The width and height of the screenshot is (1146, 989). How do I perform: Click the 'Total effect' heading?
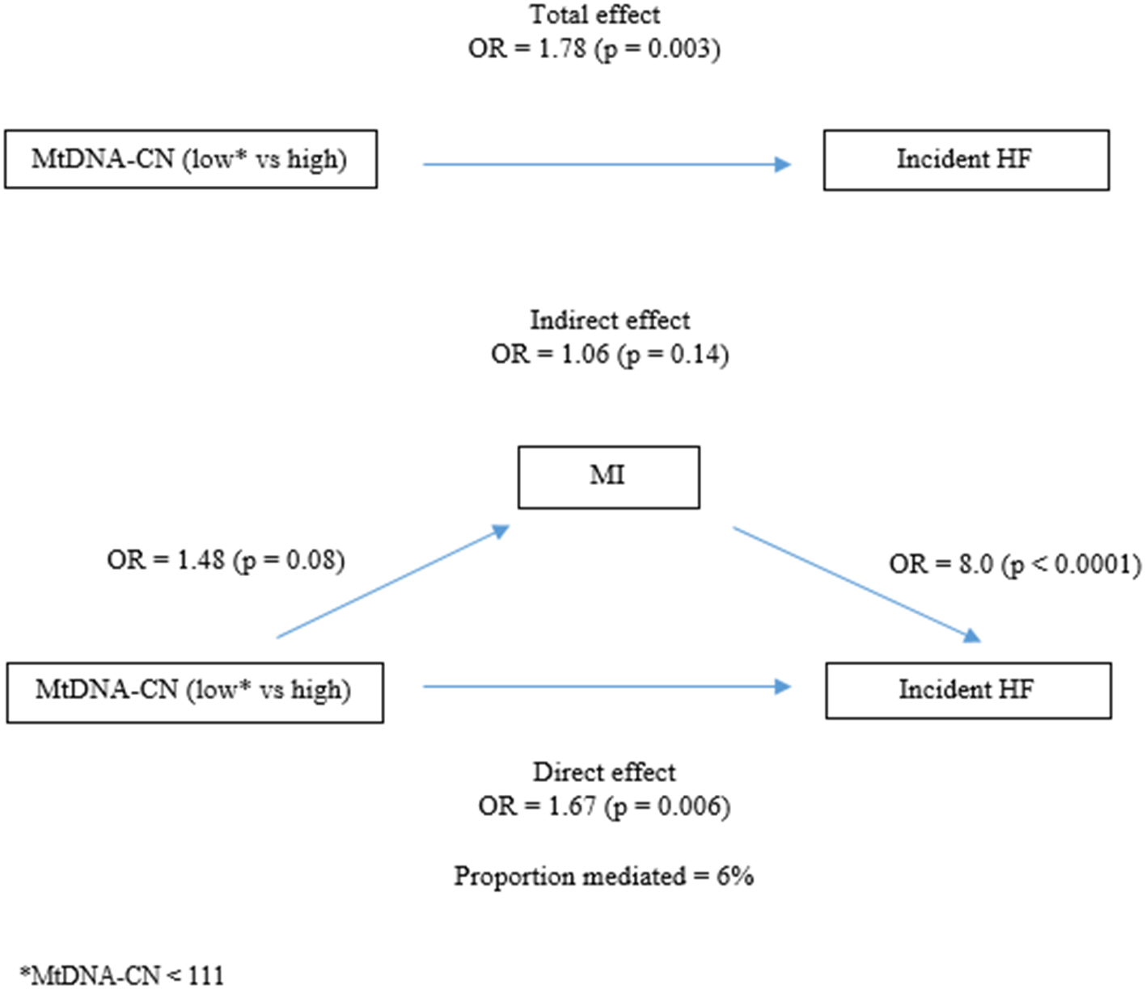tap(594, 15)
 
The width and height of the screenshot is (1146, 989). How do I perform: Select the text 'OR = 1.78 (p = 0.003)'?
tap(594, 48)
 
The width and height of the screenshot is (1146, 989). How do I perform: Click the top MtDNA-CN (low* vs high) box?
tap(191, 159)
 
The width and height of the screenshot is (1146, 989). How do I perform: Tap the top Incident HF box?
tap(966, 159)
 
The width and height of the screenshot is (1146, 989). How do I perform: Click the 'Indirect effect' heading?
tap(610, 320)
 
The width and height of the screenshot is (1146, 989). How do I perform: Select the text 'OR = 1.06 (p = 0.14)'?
tap(610, 354)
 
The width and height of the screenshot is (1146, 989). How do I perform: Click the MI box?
tap(608, 477)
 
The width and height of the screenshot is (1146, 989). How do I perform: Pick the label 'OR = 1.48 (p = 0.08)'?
tap(226, 560)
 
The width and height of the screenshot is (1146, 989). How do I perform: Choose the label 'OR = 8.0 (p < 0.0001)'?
tap(1015, 563)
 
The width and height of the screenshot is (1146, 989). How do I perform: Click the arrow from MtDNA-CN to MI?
tap(392, 583)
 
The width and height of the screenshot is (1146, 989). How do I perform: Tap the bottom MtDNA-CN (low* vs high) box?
tap(194, 692)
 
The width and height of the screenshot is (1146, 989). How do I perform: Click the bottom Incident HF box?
tap(967, 690)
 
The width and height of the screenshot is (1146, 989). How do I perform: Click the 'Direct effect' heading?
tap(604, 772)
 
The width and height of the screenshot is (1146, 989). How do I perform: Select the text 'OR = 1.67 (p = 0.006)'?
tap(604, 806)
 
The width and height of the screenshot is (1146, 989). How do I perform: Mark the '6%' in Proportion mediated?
tap(735, 876)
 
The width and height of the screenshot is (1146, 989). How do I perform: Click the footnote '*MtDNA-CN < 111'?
tap(122, 975)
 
